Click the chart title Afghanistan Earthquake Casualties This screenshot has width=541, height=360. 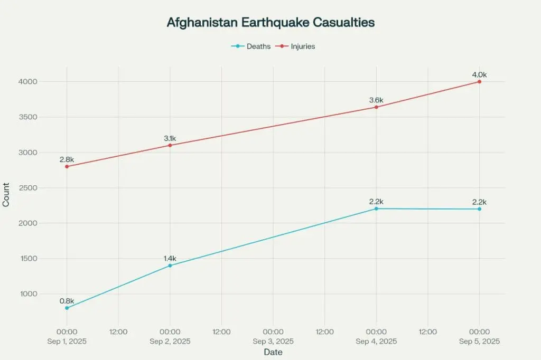tap(271, 22)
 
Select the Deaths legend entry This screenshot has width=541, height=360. tap(251, 46)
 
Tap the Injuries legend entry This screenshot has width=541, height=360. tap(295, 46)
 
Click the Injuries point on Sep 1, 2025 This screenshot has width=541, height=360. tap(67, 167)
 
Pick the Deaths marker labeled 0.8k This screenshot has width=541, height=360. tap(67, 308)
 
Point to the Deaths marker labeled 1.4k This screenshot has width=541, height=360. tap(170, 266)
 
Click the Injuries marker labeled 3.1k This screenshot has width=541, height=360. tap(170, 145)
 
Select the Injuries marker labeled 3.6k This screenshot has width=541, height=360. tap(376, 107)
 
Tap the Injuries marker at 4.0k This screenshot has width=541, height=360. tap(480, 82)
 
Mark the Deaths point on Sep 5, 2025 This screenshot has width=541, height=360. tap(480, 209)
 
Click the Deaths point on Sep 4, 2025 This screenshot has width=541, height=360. tap(376, 209)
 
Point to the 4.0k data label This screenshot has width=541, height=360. tap(480, 74)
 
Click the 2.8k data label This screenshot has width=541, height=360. tap(67, 159)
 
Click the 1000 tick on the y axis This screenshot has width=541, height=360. tap(29, 294)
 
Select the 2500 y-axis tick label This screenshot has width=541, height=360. tap(29, 188)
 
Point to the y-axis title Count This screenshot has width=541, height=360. tap(6, 195)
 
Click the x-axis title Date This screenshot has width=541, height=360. tap(273, 352)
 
